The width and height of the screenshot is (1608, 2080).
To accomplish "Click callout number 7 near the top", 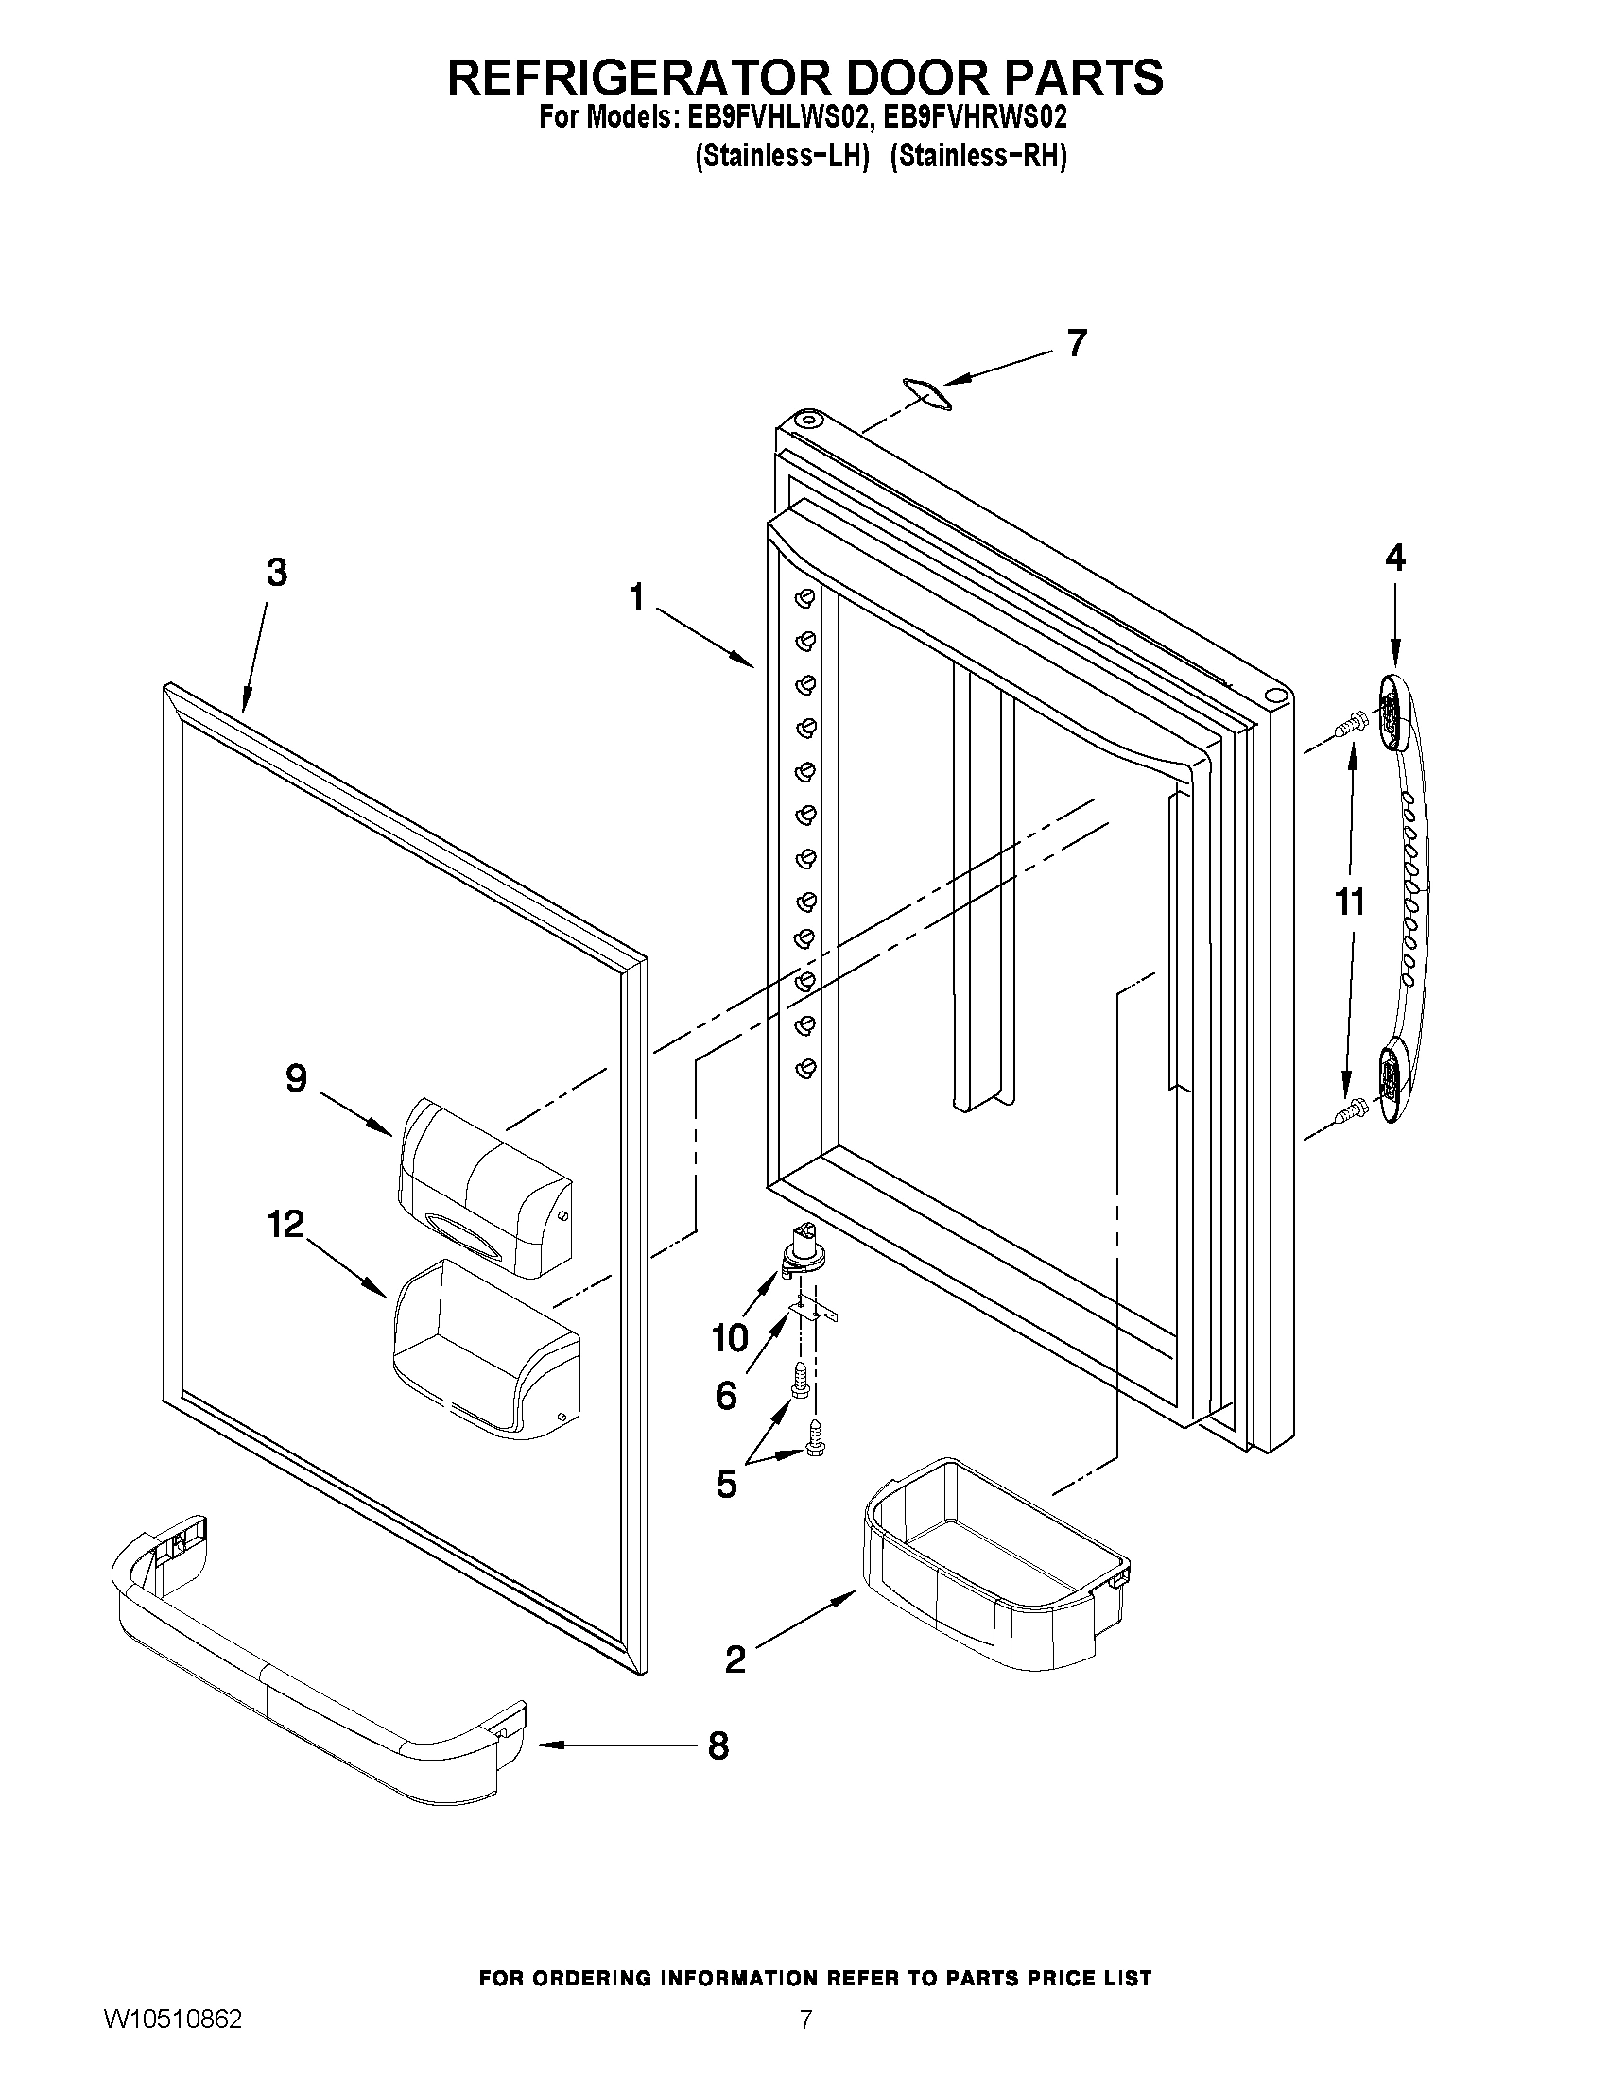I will click(1076, 344).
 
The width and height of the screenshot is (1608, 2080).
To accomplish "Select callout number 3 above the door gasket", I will click(275, 573).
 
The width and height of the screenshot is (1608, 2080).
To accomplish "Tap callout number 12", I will click(285, 1224).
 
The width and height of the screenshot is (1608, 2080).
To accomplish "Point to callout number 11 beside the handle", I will click(1350, 901).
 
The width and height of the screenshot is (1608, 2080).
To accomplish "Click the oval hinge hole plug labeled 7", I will click(924, 393).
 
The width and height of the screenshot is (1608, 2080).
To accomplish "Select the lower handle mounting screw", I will click(1350, 1109).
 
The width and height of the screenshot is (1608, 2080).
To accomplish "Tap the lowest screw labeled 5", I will click(815, 1462).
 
